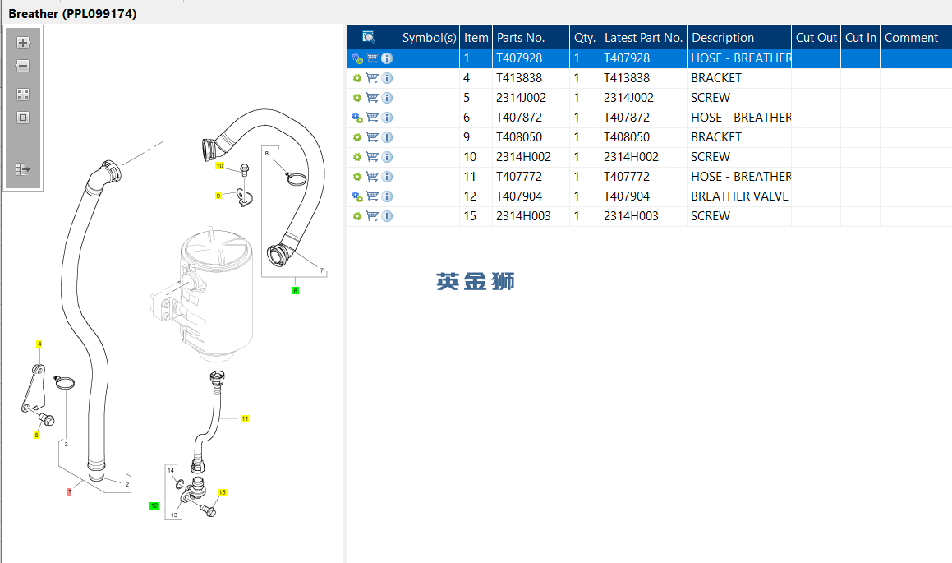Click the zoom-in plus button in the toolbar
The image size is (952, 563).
23,43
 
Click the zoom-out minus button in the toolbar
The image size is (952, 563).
23,66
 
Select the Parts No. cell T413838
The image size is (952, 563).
519,78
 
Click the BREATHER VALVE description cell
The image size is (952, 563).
739,196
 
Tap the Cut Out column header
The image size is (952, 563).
816,38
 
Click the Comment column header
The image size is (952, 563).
911,38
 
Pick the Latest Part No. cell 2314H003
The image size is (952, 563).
631,216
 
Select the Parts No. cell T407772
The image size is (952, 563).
519,177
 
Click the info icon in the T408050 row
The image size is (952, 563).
387,137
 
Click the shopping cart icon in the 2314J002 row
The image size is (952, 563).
372,98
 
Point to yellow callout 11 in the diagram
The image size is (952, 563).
245,418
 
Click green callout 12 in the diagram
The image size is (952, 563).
154,505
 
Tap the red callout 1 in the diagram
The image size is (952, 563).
69,491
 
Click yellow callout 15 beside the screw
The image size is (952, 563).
223,492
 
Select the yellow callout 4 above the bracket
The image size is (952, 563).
39,344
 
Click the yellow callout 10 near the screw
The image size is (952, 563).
220,166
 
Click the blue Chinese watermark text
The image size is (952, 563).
476,281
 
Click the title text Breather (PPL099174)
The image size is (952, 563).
72,13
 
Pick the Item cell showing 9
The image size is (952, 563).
467,137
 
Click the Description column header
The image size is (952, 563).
723,38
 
